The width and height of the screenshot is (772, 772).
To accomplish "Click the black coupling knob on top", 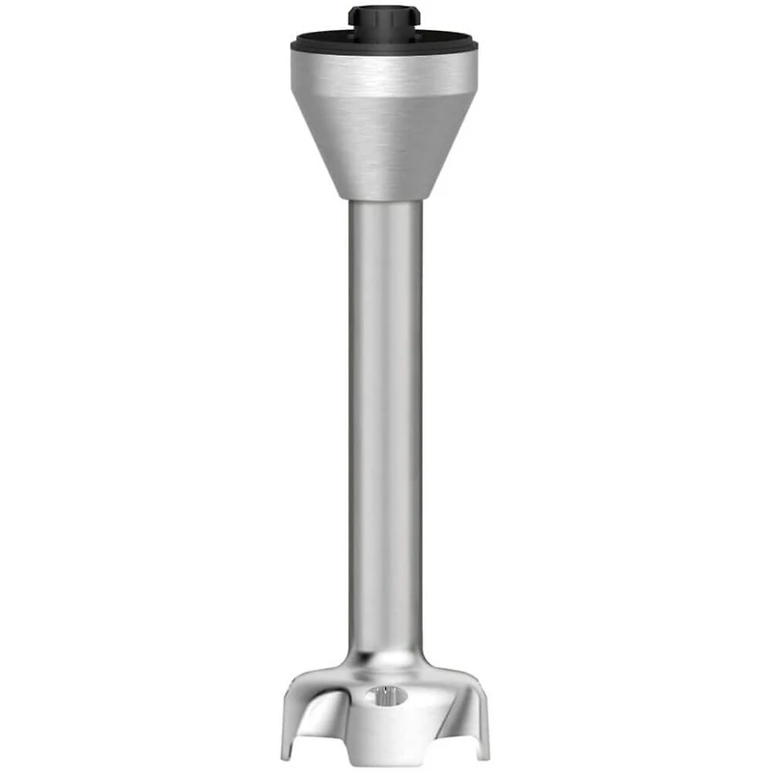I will pos(385,19).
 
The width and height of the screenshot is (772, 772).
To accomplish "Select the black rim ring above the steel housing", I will pos(385,42).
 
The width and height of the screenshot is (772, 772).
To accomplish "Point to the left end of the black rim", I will pos(294,43).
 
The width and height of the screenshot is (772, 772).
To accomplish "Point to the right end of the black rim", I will pos(477,43).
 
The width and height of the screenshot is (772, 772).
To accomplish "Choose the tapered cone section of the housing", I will pos(385,145).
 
